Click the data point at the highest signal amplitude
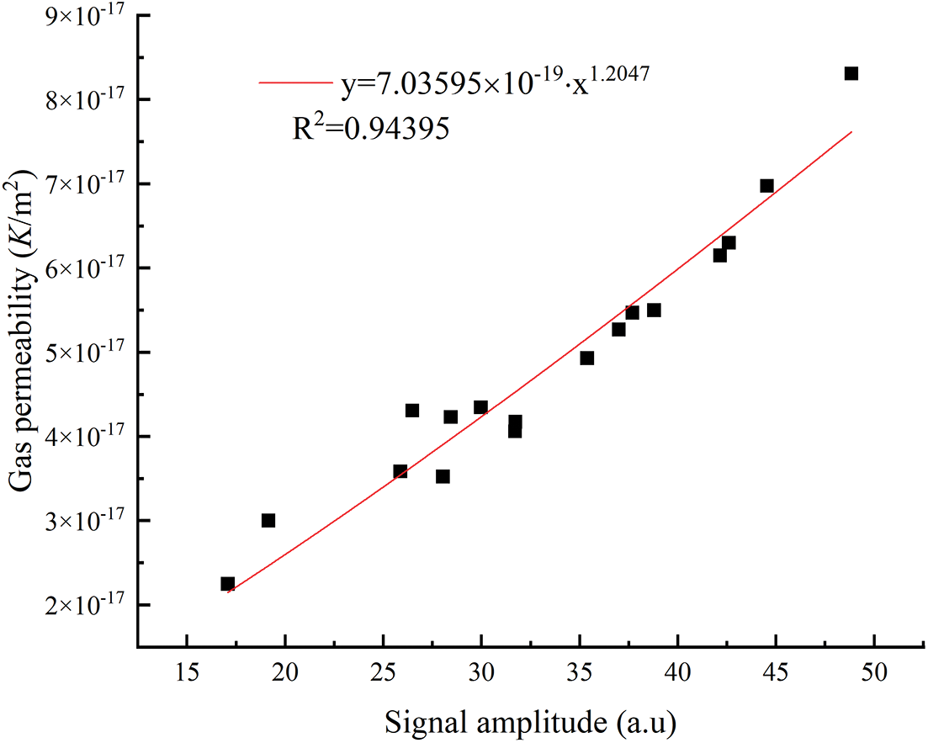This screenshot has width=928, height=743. click(x=851, y=73)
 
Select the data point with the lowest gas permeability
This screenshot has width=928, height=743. click(x=227, y=583)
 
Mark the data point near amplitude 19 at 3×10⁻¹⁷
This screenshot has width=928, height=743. click(x=268, y=520)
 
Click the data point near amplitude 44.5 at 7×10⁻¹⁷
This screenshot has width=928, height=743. click(x=766, y=186)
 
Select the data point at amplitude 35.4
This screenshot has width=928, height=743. click(x=587, y=358)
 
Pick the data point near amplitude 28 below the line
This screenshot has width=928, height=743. click(x=443, y=476)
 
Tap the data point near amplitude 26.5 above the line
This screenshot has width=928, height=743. click(x=412, y=410)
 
